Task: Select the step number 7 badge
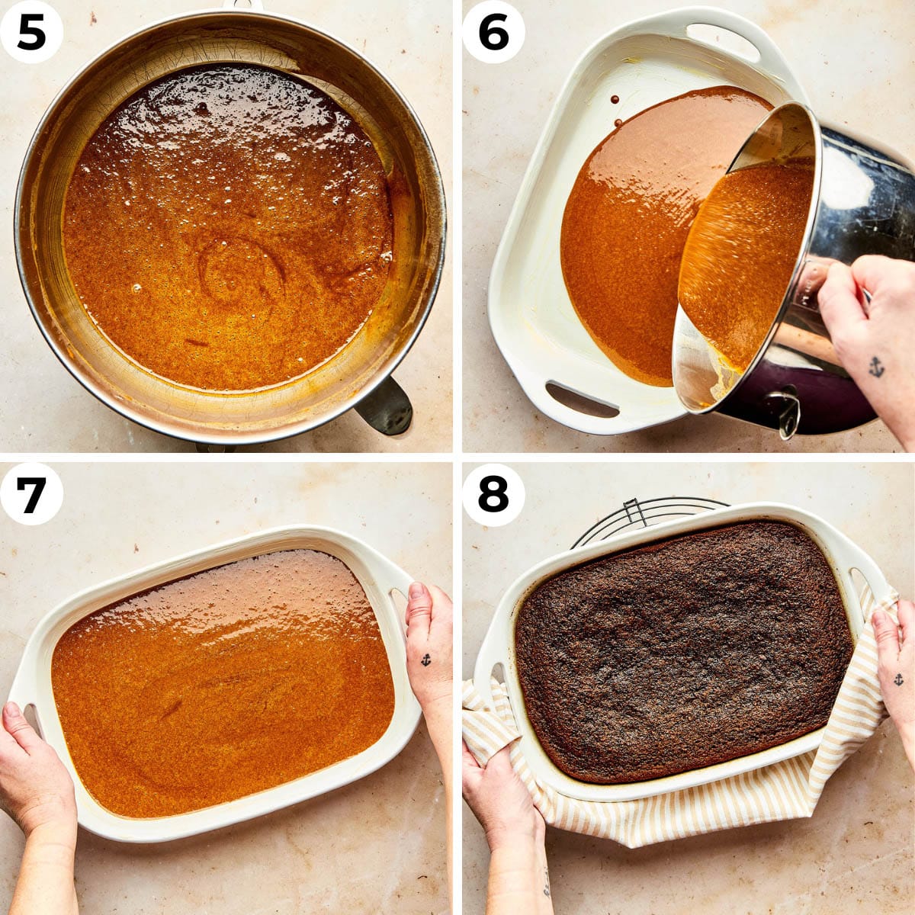[x=31, y=493]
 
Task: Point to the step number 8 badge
[x=493, y=493]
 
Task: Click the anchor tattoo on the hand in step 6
[x=876, y=367]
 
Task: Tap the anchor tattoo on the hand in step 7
[x=425, y=660]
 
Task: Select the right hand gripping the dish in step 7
[x=429, y=648]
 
